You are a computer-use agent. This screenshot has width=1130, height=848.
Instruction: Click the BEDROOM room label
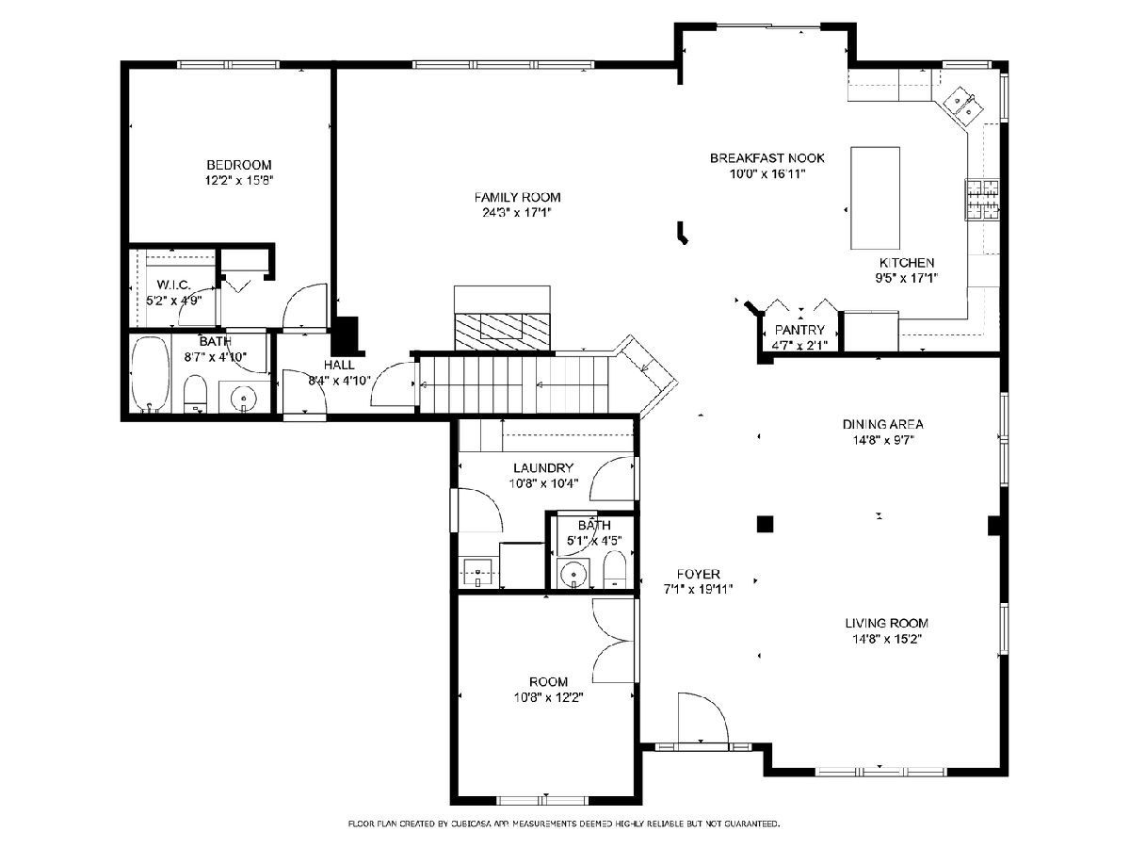tap(239, 165)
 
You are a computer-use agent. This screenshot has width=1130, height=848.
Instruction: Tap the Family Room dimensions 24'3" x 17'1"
tap(517, 212)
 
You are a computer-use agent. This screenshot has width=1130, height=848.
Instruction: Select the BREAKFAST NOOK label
tap(767, 158)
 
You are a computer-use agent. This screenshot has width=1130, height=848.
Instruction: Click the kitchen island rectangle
tap(875, 198)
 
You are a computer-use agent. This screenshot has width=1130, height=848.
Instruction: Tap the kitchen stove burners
tap(982, 201)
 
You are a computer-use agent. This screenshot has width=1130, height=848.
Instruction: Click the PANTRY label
tap(799, 330)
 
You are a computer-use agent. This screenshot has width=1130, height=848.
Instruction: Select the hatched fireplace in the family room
tap(502, 332)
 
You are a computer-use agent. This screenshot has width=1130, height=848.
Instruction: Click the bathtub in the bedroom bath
tap(151, 374)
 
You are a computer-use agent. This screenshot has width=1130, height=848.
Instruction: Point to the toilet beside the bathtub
tap(196, 394)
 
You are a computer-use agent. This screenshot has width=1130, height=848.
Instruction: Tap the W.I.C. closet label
tap(173, 285)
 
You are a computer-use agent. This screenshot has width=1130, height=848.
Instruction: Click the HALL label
tap(339, 365)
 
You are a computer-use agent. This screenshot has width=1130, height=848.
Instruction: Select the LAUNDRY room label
tap(543, 468)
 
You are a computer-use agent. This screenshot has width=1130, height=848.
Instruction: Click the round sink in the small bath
tap(572, 572)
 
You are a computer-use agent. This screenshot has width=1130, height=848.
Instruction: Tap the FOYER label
tap(698, 574)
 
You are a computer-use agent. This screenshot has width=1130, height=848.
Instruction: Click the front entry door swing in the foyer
tap(702, 717)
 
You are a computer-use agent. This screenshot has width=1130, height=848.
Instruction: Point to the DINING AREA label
tap(883, 424)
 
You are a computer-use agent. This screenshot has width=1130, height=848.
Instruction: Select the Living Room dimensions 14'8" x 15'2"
tap(886, 639)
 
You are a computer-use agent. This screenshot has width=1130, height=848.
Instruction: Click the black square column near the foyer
tap(765, 524)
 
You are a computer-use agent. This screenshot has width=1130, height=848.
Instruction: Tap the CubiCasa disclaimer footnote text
tap(564, 824)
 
